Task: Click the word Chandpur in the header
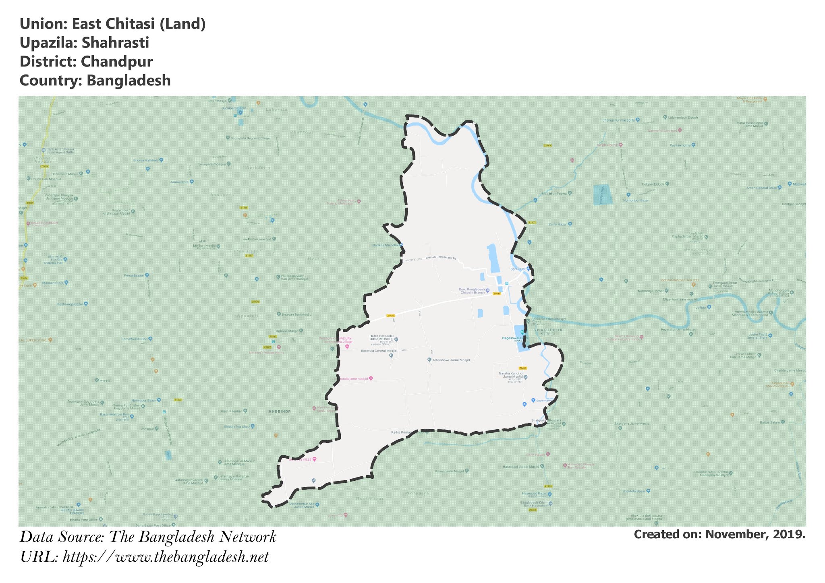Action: pos(116,62)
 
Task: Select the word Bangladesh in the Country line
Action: pos(129,81)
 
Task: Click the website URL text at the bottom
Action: pos(166,557)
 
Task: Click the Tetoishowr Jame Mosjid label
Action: pos(451,360)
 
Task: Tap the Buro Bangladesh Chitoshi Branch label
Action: pos(472,291)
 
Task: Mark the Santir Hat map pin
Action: pos(528,269)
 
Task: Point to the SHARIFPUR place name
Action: pos(548,330)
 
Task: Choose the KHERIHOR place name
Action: pos(280,411)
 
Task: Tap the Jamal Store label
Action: pos(180,182)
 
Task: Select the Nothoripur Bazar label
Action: pos(636,201)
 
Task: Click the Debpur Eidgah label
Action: pos(653,184)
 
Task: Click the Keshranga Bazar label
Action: pos(70,304)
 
